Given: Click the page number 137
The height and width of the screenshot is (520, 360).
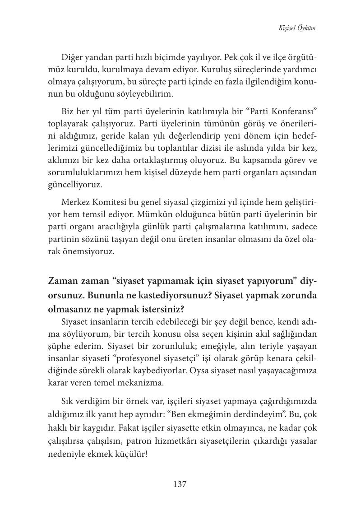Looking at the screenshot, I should click(x=180, y=484).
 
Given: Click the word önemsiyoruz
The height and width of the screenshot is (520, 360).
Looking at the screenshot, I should click(x=91, y=251).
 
